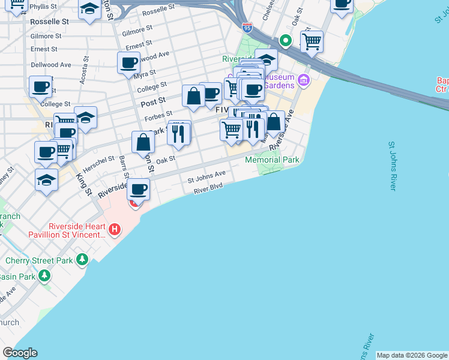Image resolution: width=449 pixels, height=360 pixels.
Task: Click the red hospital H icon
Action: pos(115,229)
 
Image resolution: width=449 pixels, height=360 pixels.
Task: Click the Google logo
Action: pos(20,353)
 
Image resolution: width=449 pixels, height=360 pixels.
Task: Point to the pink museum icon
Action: pos(304,79)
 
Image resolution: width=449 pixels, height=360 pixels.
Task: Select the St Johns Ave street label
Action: pos(206,177)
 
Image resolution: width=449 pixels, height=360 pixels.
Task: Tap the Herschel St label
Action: pos(98,163)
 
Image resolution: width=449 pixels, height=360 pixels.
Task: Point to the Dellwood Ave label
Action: pos(51,65)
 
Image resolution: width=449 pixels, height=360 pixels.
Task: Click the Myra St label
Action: pos(145,75)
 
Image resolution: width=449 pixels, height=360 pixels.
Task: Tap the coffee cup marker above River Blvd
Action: pos(139,190)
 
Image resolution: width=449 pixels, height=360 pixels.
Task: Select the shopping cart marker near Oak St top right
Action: pos(312,41)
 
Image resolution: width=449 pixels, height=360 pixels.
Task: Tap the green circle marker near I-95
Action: pos(286,41)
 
